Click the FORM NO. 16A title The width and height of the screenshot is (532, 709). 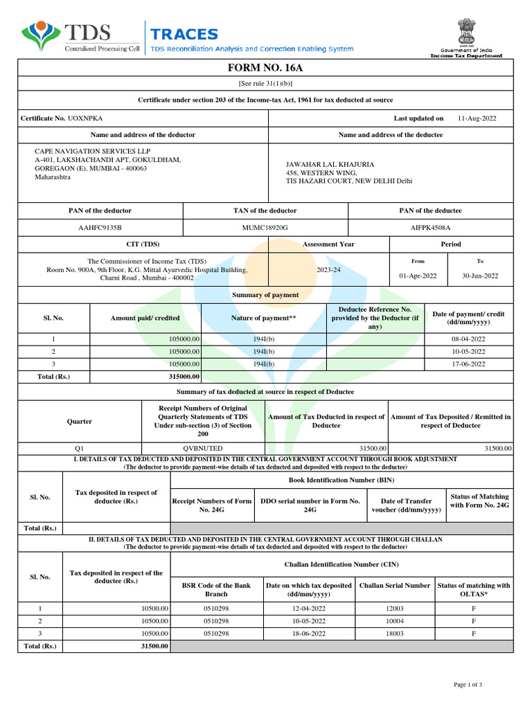click(266, 67)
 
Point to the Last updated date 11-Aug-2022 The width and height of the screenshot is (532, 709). click(477, 118)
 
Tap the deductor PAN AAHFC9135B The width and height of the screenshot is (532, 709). click(100, 227)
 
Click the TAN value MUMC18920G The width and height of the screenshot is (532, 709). click(265, 227)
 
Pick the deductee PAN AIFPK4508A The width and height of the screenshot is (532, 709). click(430, 227)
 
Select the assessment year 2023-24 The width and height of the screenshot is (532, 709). click(328, 269)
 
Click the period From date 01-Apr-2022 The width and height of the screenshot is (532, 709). click(418, 276)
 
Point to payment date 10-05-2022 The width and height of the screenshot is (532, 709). click(468, 352)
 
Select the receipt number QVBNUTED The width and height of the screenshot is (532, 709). click(202, 449)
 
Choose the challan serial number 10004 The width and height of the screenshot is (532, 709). click(394, 621)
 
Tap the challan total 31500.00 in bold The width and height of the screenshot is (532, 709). click(154, 646)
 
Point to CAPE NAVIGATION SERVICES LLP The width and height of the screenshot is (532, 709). click(92, 151)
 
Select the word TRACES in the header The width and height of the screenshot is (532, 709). click(184, 34)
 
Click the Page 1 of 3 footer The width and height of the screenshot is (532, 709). click(468, 685)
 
